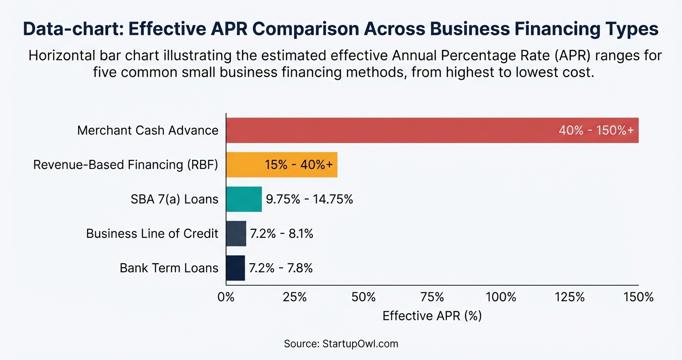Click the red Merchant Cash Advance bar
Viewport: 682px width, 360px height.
pyautogui.click(x=383, y=130)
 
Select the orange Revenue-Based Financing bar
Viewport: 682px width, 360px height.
pyautogui.click(x=244, y=165)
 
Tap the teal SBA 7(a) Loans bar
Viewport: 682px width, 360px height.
pyautogui.click(x=244, y=199)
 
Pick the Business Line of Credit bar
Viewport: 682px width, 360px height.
pyautogui.click(x=236, y=234)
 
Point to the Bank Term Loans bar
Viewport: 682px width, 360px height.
pyautogui.click(x=235, y=268)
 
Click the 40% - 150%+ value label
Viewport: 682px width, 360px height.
pyautogui.click(x=599, y=130)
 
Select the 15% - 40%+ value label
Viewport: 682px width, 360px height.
pyautogui.click(x=301, y=165)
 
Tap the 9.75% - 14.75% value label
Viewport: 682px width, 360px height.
pyautogui.click(x=309, y=199)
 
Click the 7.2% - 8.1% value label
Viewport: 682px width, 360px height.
pyautogui.click(x=282, y=234)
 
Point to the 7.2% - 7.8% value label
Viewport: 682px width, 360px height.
pyautogui.click(x=281, y=268)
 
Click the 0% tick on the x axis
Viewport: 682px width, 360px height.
pyautogui.click(x=226, y=297)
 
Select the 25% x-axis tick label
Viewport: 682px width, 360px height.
pyautogui.click(x=295, y=297)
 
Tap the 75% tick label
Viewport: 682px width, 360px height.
pyautogui.click(x=432, y=297)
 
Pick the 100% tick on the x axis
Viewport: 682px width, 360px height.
pyautogui.click(x=501, y=297)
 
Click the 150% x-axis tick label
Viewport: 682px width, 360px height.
pyautogui.click(x=638, y=297)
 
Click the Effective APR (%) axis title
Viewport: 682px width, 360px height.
pyautogui.click(x=432, y=316)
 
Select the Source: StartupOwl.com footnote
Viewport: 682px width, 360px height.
pyautogui.click(x=341, y=344)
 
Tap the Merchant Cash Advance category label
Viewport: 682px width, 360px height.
pyautogui.click(x=148, y=130)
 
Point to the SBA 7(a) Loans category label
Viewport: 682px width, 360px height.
pyautogui.click(x=174, y=199)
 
